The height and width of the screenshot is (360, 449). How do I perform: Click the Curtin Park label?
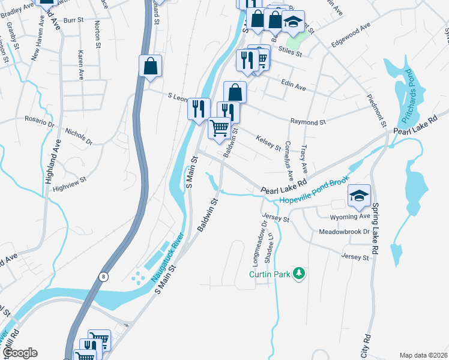[x=271, y=274]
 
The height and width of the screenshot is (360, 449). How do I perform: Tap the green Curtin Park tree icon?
[x=299, y=274]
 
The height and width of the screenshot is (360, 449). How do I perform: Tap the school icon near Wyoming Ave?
[x=360, y=196]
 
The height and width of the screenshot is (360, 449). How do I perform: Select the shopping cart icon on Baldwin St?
[x=220, y=127]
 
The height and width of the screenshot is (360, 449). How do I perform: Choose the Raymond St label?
[x=307, y=122]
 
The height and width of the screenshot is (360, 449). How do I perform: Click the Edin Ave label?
[x=294, y=88]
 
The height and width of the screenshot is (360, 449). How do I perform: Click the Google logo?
[x=20, y=353]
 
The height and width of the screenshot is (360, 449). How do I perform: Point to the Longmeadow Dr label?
[x=259, y=242]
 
